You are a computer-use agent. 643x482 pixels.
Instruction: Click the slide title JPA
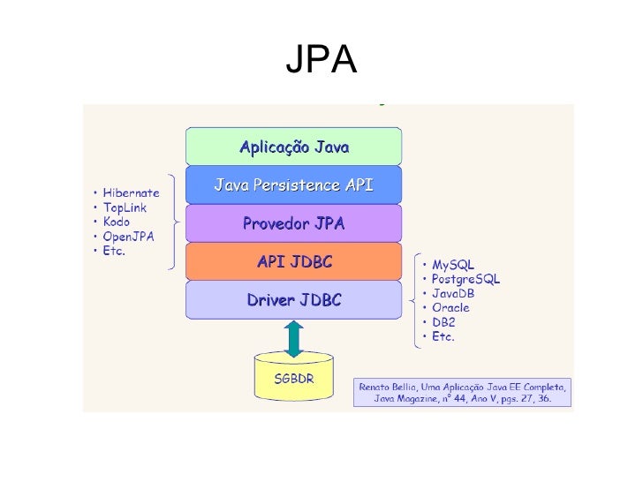point(321,61)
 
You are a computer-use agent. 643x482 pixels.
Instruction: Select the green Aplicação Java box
point(294,147)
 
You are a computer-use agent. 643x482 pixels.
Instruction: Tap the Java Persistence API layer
point(294,185)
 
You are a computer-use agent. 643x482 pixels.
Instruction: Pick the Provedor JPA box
point(294,224)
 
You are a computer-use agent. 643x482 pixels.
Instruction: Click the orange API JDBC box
point(294,262)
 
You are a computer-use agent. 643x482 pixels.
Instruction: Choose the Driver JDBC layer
point(294,300)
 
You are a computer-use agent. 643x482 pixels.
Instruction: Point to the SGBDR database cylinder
point(294,378)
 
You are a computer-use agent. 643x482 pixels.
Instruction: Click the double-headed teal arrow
point(294,338)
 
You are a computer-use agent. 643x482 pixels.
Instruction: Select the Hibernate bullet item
point(131,193)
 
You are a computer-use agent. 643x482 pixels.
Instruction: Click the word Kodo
point(117,222)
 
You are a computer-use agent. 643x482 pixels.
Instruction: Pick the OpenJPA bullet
point(127,236)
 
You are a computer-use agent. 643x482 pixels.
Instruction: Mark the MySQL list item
point(453,265)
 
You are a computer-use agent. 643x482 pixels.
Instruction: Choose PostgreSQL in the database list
point(465,279)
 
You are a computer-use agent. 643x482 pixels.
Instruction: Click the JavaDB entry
point(453,293)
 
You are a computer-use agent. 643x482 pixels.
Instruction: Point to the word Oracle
point(450,308)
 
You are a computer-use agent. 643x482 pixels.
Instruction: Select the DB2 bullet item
point(443,322)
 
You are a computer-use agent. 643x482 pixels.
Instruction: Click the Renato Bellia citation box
point(463,393)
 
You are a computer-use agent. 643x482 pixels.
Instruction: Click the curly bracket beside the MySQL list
point(412,300)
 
